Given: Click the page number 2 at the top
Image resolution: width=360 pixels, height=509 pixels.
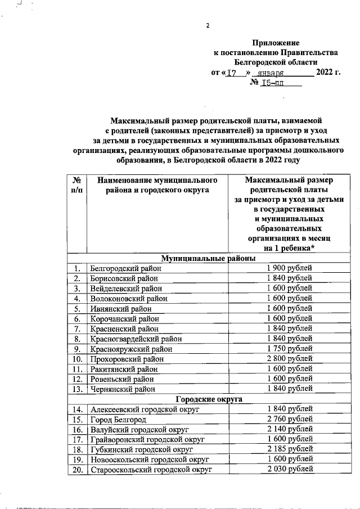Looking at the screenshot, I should pyautogui.click(x=208, y=25).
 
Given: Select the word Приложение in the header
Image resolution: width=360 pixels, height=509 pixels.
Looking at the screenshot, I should pyautogui.click(x=276, y=43).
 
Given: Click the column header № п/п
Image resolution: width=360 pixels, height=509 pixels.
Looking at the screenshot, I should pyautogui.click(x=76, y=186).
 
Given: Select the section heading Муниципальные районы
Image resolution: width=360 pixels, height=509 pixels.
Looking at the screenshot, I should pyautogui.click(x=209, y=258).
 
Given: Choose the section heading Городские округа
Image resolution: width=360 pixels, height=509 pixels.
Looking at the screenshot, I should pyautogui.click(x=209, y=399).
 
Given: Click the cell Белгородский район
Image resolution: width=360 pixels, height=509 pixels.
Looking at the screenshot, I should pyautogui.click(x=125, y=268).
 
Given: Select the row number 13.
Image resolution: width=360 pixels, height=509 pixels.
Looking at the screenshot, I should pyautogui.click(x=77, y=389).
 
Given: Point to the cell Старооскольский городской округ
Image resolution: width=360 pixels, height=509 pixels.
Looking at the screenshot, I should pyautogui.click(x=150, y=470).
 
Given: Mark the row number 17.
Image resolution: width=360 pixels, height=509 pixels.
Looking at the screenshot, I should pyautogui.click(x=77, y=439).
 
